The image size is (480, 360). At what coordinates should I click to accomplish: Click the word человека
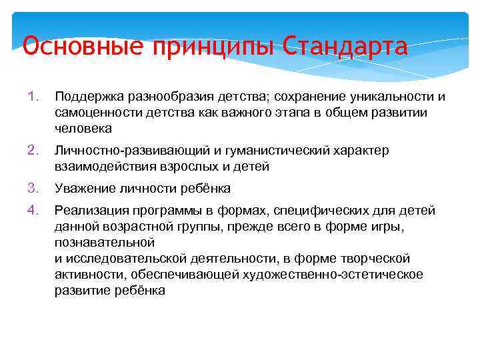83,128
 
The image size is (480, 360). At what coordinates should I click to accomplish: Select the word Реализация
87,211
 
